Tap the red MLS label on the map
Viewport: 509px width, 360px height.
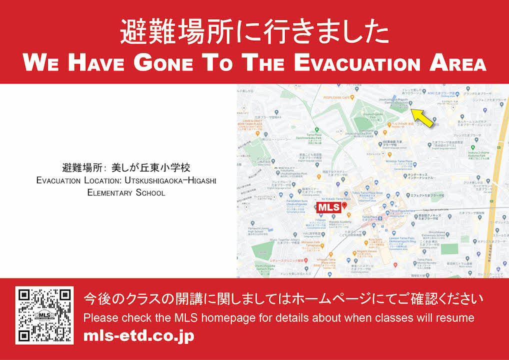pyautogui.click(x=329, y=207)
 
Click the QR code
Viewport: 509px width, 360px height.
pyautogui.click(x=44, y=315)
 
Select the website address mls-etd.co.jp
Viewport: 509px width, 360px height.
pyautogui.click(x=139, y=336)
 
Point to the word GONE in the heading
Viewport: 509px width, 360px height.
pyautogui.click(x=166, y=63)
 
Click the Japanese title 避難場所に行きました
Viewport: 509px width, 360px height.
pyautogui.click(x=254, y=33)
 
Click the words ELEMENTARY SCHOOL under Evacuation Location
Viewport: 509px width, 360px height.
pyautogui.click(x=126, y=192)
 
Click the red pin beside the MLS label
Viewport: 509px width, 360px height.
pyautogui.click(x=344, y=205)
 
